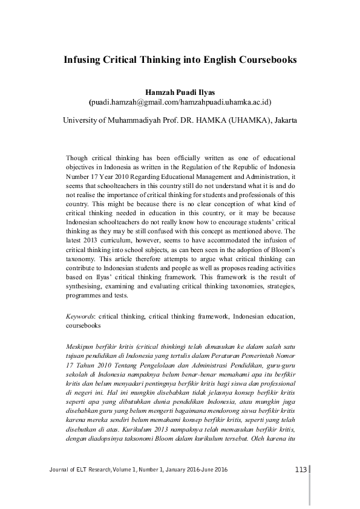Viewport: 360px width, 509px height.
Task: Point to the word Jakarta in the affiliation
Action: pyautogui.click(x=282, y=120)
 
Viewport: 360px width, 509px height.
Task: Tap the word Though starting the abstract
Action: pyautogui.click(x=77, y=156)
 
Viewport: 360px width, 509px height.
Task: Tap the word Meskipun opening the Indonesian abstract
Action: pyautogui.click(x=82, y=346)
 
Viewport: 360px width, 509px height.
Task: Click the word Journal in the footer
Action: pyautogui.click(x=54, y=471)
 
